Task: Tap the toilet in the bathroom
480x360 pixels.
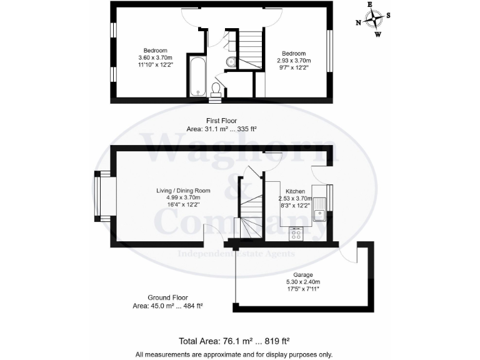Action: click(x=216, y=89)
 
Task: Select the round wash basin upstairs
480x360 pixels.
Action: click(x=231, y=61)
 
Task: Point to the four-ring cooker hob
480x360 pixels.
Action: click(x=296, y=234)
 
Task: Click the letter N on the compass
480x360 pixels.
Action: click(x=359, y=22)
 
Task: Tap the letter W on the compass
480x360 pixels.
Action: click(x=378, y=34)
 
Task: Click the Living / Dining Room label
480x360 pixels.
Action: click(x=183, y=191)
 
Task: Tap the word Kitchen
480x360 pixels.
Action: click(x=295, y=191)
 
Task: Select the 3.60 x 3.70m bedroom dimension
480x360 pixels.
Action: click(x=155, y=58)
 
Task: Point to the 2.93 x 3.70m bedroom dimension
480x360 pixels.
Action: click(x=293, y=61)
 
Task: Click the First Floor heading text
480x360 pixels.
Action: click(x=222, y=121)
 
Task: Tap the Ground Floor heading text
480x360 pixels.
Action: click(x=167, y=297)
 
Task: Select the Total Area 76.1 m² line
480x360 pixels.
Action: click(x=234, y=341)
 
